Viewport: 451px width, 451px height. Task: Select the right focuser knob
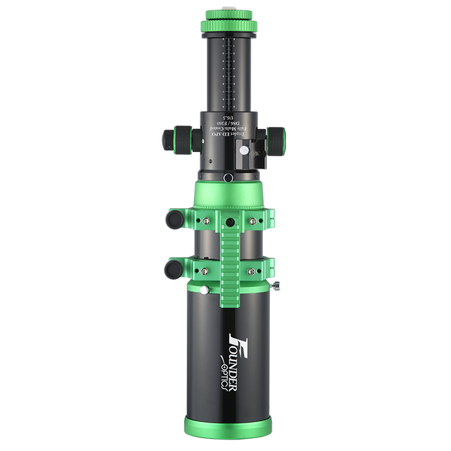coord(276,139)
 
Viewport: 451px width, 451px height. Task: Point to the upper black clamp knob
coord(173,219)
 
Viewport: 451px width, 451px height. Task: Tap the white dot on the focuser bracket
coord(244,149)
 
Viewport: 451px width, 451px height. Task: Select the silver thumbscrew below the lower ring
coord(204,290)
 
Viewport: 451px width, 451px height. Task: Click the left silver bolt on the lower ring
coord(205,271)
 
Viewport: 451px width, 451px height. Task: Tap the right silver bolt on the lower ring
coord(253,271)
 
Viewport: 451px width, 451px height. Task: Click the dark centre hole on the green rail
coord(229,222)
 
